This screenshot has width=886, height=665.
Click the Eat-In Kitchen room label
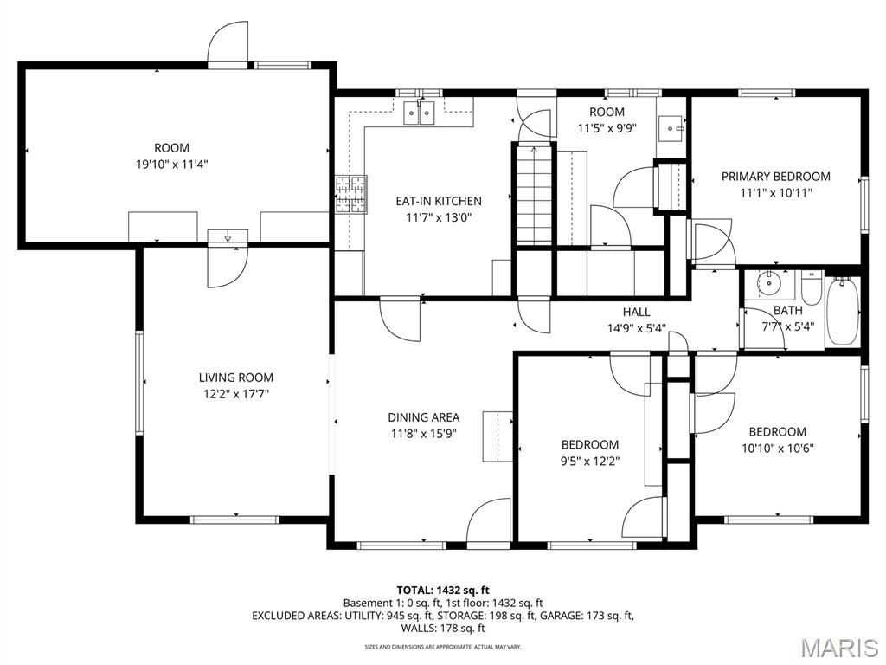439,201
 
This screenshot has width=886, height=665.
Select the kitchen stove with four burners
351,195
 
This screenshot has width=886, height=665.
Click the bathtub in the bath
843,311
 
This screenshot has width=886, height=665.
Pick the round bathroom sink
768,283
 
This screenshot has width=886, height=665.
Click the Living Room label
235,378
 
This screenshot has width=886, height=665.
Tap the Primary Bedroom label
776,177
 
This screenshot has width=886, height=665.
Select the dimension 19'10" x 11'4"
172,165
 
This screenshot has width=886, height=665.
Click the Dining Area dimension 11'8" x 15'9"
423,434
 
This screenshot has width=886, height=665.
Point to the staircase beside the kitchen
533,195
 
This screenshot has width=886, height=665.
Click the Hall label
636,312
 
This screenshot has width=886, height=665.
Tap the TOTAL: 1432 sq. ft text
442,591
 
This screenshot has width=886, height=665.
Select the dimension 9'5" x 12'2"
590,461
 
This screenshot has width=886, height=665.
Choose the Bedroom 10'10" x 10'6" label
778,440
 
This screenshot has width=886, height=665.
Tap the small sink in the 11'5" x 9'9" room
671,128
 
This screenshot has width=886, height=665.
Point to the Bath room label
787,311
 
